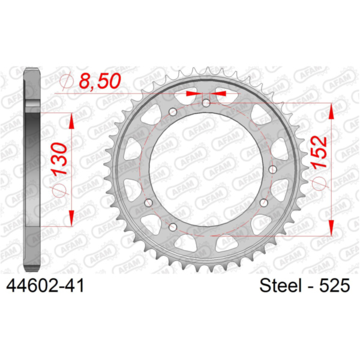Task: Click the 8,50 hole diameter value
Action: [x=100, y=81]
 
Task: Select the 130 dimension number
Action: [x=59, y=159]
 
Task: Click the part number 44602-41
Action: [x=45, y=286]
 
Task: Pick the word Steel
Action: [x=280, y=286]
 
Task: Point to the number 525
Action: [x=335, y=286]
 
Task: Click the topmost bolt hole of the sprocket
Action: [x=206, y=103]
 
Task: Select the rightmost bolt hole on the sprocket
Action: [x=272, y=169]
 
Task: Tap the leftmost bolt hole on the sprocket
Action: [x=149, y=203]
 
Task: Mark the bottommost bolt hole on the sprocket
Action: [x=173, y=227]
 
